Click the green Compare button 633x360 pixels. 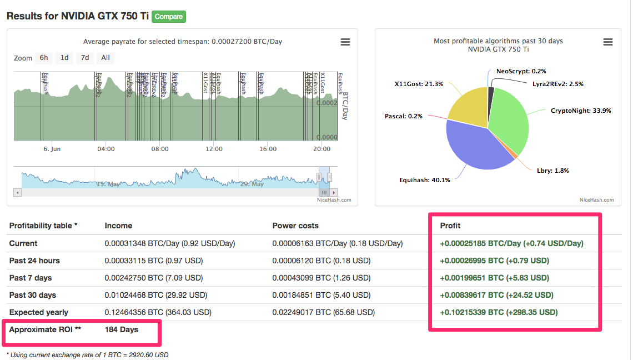click(x=169, y=17)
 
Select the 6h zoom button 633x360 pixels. click(x=43, y=58)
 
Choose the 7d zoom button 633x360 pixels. click(x=85, y=58)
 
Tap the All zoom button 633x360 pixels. click(x=105, y=58)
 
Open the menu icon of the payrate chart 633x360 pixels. click(x=345, y=42)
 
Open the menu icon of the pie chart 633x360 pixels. click(x=607, y=42)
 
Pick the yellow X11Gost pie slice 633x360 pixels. click(x=466, y=106)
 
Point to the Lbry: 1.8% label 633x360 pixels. click(x=552, y=171)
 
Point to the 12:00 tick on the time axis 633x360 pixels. click(x=214, y=149)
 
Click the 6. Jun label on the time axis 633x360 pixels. click(x=52, y=149)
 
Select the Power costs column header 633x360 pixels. click(x=295, y=226)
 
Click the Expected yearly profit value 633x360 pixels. click(x=499, y=312)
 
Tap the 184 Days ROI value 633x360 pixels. click(x=122, y=329)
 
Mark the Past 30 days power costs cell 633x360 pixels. click(x=321, y=295)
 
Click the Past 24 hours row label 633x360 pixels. click(x=34, y=261)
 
